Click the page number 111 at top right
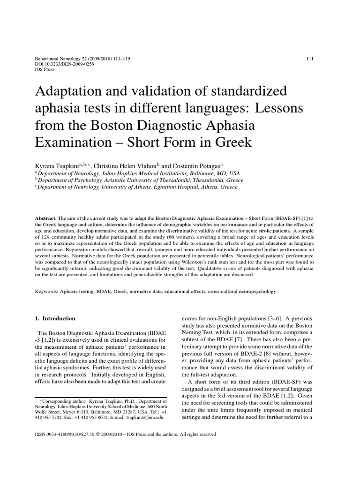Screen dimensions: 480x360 (x=309, y=59)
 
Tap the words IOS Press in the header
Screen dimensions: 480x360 (x=45, y=69)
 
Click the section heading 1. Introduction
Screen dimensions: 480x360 (x=55, y=319)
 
